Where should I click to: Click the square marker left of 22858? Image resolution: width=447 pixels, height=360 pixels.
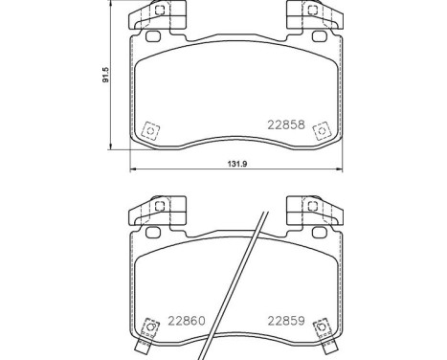(149, 133)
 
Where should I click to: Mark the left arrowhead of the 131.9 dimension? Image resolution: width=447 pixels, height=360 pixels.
(132, 171)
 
